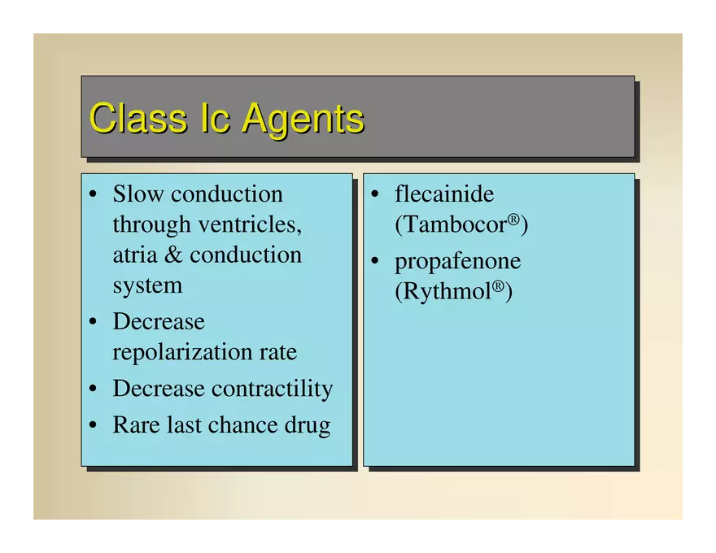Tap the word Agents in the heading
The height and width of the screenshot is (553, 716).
(x=303, y=120)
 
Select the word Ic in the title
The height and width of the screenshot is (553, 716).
(x=215, y=118)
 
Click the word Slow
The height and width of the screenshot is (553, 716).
(x=138, y=194)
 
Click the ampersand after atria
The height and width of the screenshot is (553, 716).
(x=173, y=255)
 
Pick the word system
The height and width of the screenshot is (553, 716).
(x=147, y=286)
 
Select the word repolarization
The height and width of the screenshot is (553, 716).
(x=182, y=353)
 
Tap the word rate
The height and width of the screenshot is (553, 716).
(x=278, y=353)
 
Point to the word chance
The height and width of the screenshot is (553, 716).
(x=243, y=425)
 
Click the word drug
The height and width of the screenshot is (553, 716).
(x=308, y=426)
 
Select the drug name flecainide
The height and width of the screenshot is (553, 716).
(x=444, y=194)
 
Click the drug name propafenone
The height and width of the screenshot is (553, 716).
(x=457, y=262)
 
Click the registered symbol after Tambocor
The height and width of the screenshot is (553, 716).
(x=513, y=220)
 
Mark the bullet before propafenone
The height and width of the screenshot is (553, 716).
(x=375, y=260)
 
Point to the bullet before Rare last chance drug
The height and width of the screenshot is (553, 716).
(x=93, y=425)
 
